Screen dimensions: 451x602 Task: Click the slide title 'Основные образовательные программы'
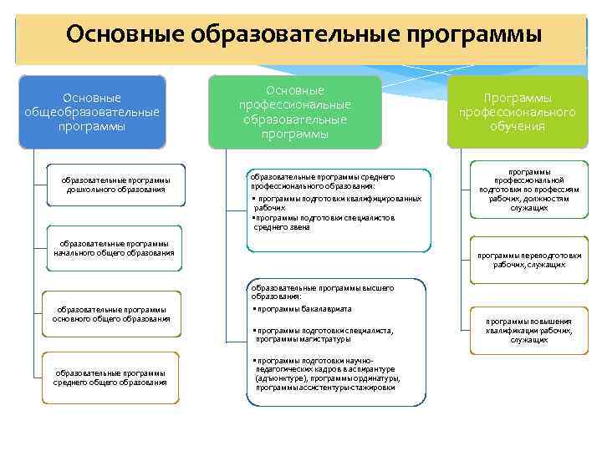coord(304,35)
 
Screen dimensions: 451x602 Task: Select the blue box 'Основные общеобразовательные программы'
coord(92,113)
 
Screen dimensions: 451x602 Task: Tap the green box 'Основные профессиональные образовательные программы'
coord(294,112)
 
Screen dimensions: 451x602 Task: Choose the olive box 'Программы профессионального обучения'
coord(517,112)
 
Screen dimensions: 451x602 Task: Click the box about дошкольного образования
coord(116,185)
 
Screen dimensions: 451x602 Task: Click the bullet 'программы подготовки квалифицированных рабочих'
coord(334,203)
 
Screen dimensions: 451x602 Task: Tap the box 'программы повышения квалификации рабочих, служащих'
coord(528,330)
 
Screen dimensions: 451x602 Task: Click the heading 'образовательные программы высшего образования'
coord(322,291)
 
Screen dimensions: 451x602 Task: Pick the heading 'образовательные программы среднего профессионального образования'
coord(322,181)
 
